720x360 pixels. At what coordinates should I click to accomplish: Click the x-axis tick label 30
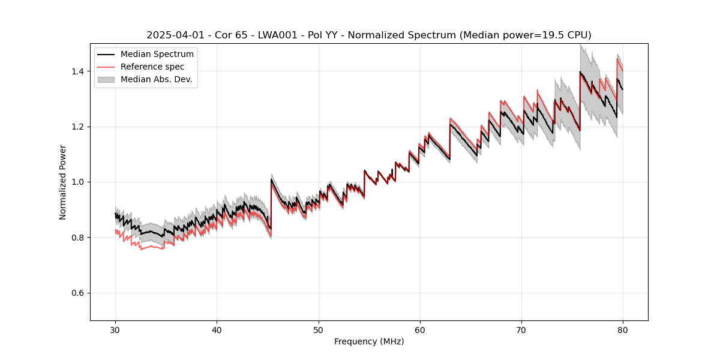pos(115,329)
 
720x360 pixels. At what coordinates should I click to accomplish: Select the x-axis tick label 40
pos(217,329)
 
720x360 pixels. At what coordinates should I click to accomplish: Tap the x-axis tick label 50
pos(318,329)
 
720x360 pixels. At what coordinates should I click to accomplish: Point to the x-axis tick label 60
pos(420,329)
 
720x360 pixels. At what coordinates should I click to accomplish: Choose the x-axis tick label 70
pos(521,329)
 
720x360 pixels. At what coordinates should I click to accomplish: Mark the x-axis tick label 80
pos(623,329)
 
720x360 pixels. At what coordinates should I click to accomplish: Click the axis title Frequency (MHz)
pos(369,341)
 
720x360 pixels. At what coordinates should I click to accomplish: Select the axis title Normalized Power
pos(63,182)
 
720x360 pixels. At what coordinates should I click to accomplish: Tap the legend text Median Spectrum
pos(157,55)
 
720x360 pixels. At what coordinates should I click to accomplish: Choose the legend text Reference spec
pos(152,67)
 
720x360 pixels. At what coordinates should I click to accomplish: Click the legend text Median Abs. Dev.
pos(157,79)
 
